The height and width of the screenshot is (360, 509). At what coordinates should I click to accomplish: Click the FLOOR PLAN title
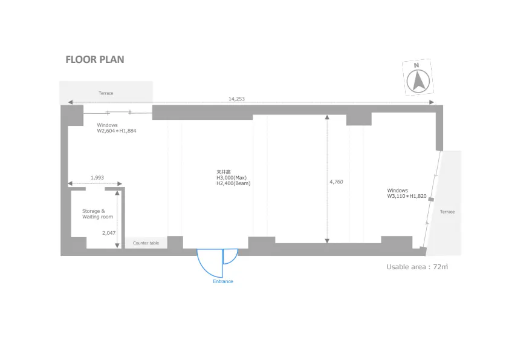(95, 59)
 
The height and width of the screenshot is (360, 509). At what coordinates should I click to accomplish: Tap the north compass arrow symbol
(418, 81)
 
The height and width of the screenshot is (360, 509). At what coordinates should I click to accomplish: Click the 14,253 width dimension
(236, 99)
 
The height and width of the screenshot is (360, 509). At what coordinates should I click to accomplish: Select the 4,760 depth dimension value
(336, 182)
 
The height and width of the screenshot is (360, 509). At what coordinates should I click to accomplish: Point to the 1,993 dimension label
(97, 178)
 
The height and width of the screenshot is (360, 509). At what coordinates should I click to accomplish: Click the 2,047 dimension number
(109, 232)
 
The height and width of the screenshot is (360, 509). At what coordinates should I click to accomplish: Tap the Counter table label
(146, 243)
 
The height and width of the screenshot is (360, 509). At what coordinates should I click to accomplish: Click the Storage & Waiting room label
(97, 214)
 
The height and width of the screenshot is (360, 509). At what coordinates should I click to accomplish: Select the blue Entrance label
(223, 281)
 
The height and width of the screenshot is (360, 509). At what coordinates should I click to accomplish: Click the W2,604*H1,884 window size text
(117, 131)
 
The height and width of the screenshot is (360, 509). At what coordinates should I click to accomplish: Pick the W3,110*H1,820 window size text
(407, 196)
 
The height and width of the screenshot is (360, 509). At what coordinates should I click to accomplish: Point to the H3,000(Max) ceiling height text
(232, 178)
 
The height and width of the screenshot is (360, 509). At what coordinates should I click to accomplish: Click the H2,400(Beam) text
(233, 183)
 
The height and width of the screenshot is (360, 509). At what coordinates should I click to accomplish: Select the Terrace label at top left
(106, 93)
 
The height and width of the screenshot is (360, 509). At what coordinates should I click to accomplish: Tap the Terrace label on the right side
(447, 212)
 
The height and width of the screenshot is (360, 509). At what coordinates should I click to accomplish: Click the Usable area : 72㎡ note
(417, 267)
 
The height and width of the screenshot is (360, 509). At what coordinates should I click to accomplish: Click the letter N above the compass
(417, 65)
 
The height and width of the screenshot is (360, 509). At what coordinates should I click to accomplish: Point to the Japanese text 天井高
(223, 172)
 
